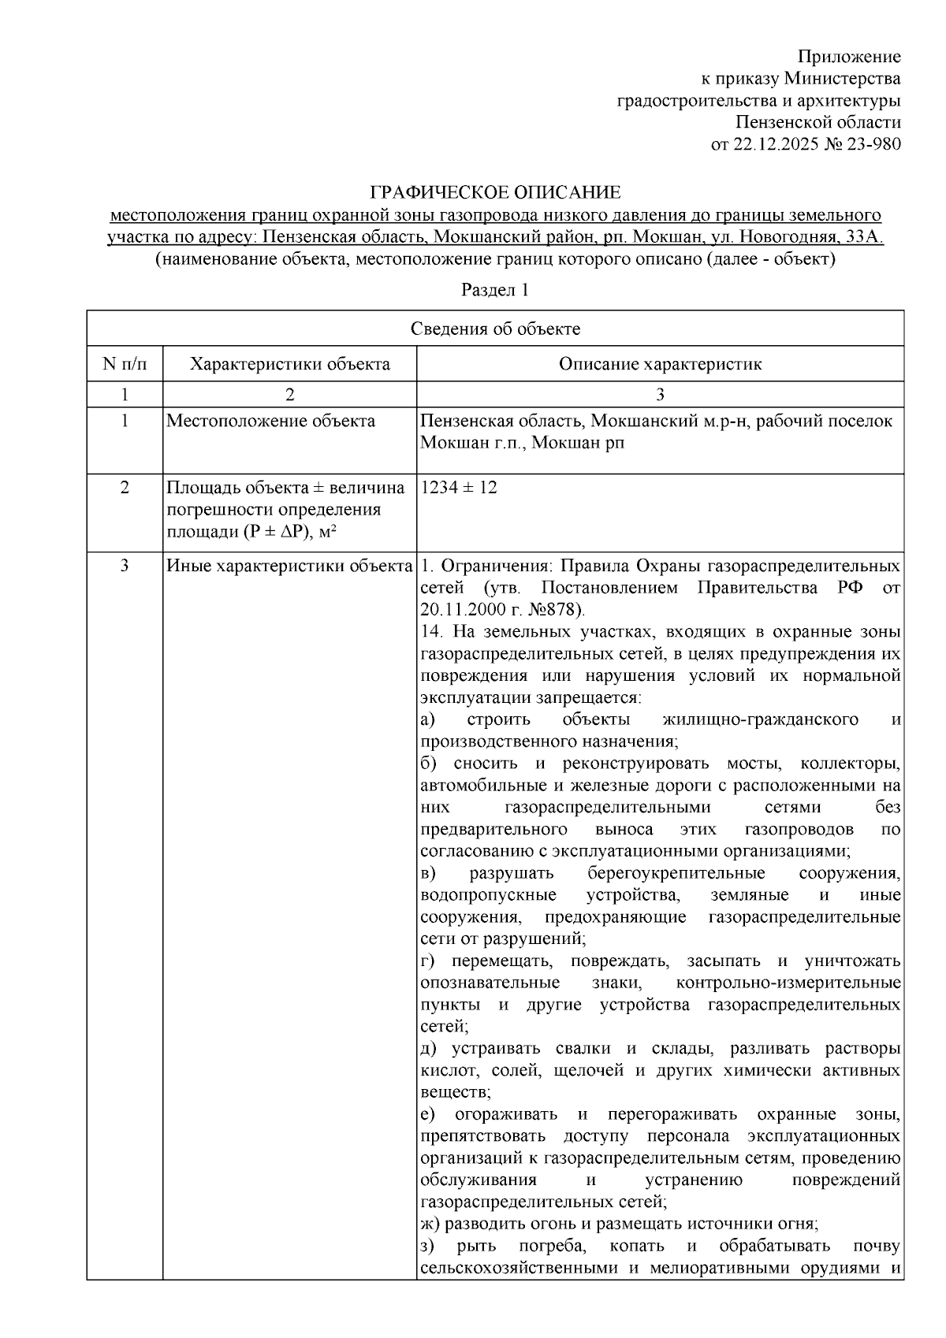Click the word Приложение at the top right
[x=849, y=57]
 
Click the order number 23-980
[x=871, y=144]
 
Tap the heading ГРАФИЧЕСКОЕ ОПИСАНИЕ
[x=495, y=192]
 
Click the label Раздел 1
[x=495, y=290]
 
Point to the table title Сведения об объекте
[x=495, y=329]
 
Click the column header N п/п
[x=125, y=364]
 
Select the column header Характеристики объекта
[x=290, y=364]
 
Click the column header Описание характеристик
[x=660, y=364]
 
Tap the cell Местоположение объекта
[x=270, y=421]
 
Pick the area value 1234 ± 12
[x=459, y=488]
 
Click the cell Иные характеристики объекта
[x=289, y=566]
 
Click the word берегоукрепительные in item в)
[x=676, y=873]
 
